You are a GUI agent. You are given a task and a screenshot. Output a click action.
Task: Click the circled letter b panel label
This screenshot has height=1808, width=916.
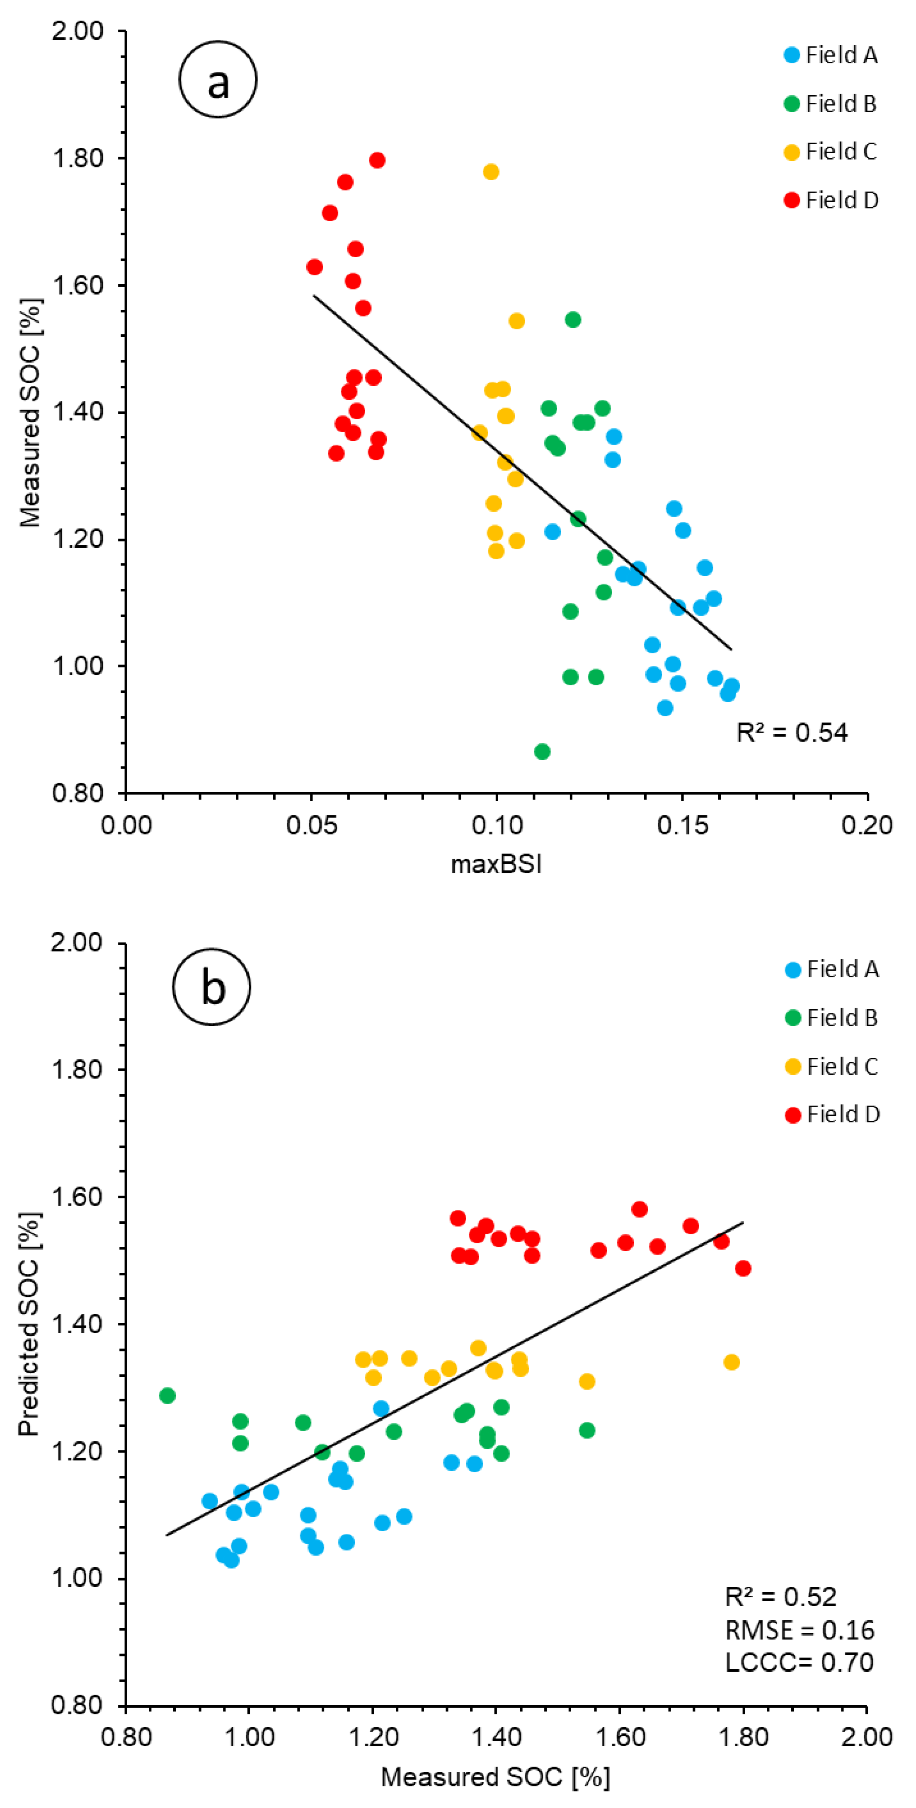tap(211, 986)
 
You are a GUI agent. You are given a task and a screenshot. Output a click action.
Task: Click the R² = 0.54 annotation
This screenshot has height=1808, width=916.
tap(792, 733)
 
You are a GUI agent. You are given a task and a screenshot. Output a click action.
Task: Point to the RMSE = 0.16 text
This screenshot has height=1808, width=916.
tap(800, 1630)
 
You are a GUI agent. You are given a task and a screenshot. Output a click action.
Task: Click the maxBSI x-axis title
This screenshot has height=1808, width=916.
tap(496, 864)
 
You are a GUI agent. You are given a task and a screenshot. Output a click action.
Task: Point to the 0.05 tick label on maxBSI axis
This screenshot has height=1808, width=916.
tap(311, 825)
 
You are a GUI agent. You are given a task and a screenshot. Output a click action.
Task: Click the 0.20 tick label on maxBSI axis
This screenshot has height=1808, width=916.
tap(867, 825)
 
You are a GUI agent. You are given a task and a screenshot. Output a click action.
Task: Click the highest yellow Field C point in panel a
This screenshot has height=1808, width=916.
tap(491, 172)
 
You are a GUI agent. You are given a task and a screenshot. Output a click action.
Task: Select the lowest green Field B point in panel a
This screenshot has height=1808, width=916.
tap(542, 752)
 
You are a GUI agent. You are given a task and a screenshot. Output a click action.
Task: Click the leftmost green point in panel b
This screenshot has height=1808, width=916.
tap(167, 1395)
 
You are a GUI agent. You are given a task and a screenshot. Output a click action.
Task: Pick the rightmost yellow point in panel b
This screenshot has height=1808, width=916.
tap(732, 1362)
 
